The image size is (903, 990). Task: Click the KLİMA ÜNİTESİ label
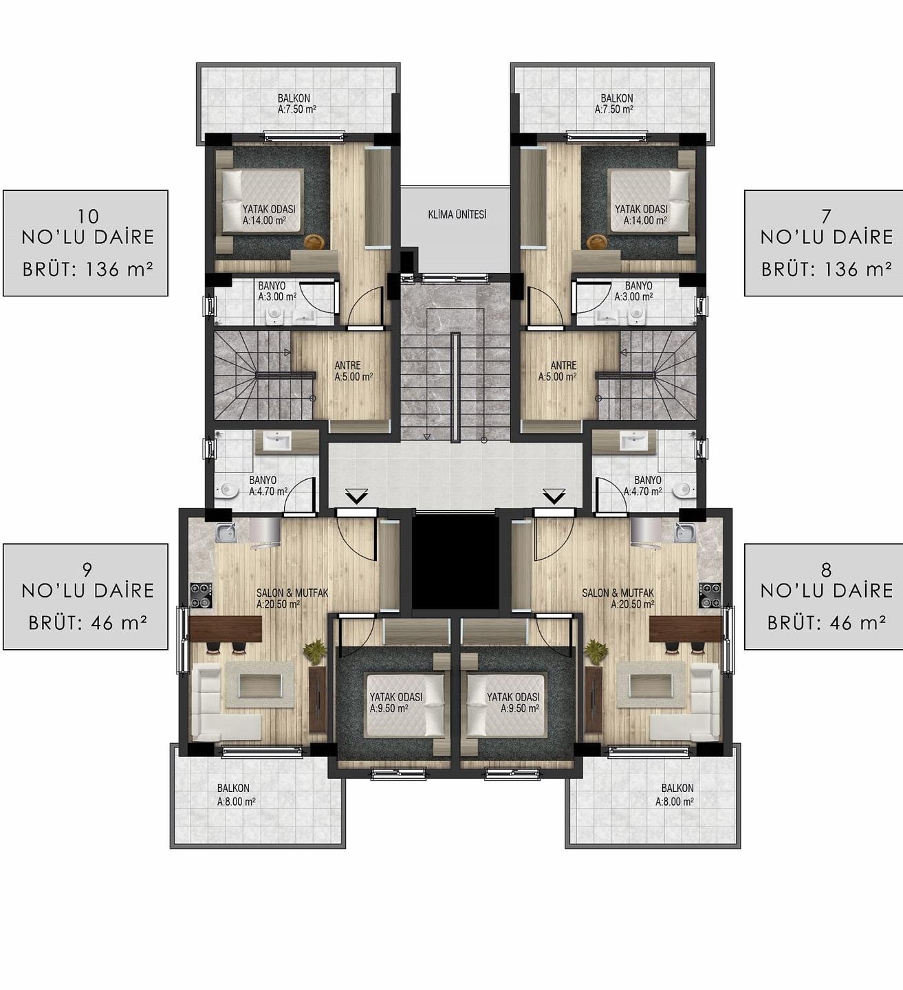(x=457, y=214)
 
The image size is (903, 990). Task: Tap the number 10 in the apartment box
(x=89, y=216)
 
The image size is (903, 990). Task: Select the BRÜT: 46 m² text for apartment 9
(x=88, y=624)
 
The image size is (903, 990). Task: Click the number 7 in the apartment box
(x=826, y=216)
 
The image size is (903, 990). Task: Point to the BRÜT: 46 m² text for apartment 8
(x=827, y=624)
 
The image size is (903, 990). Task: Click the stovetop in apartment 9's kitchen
(x=202, y=595)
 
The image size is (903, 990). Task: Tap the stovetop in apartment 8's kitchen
(x=710, y=595)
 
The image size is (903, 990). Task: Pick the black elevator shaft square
(x=455, y=562)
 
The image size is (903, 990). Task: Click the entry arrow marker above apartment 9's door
(x=356, y=496)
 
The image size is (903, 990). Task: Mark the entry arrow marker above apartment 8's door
(x=554, y=496)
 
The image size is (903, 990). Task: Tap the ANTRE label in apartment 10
(x=347, y=366)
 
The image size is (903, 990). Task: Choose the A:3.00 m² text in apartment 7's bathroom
(x=633, y=297)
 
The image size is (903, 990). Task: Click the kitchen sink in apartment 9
(x=226, y=532)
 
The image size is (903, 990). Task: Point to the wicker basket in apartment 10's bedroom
(x=312, y=241)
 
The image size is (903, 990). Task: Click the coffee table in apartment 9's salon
(x=260, y=685)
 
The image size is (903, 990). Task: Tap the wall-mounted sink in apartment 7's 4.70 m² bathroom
(x=632, y=441)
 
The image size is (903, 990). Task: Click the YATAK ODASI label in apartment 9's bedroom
(x=396, y=697)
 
